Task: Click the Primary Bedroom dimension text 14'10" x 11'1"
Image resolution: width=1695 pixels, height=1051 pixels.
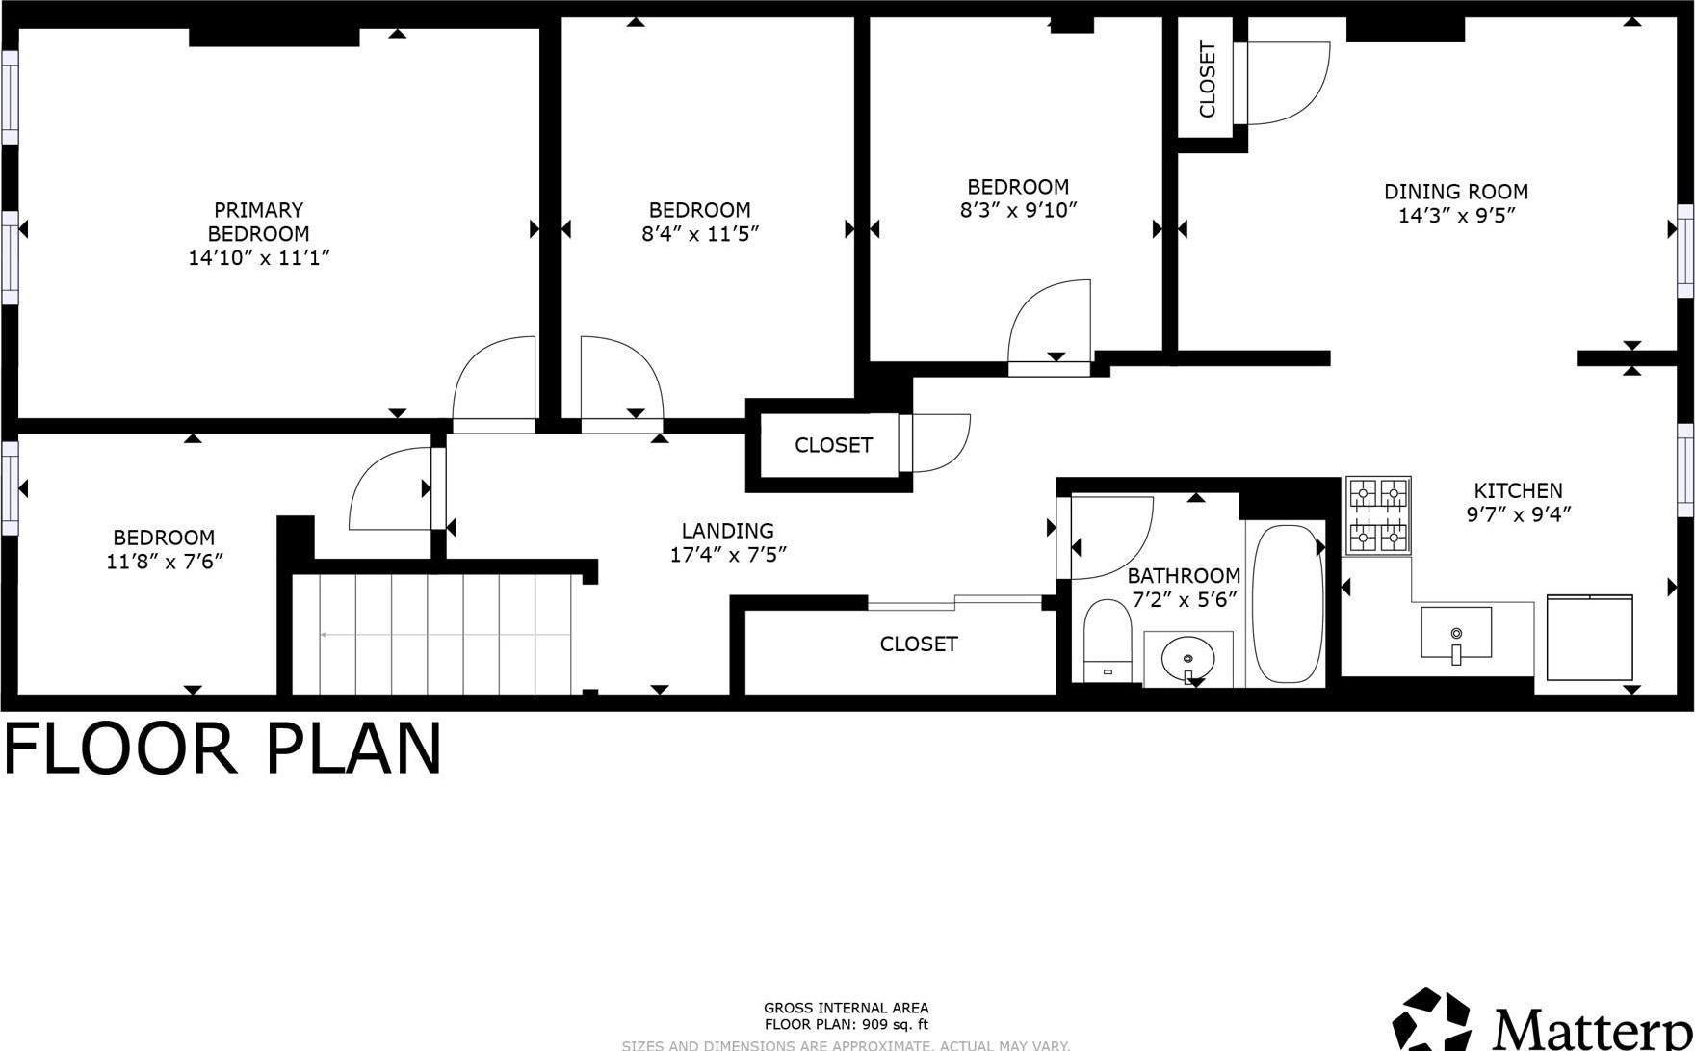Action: point(259,257)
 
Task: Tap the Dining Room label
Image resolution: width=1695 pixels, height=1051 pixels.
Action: point(1455,192)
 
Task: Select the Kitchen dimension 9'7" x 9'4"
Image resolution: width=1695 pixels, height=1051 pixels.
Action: point(1518,514)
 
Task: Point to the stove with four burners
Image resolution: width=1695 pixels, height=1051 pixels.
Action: point(1378,515)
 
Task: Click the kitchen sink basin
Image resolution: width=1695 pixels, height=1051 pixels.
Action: point(1456,633)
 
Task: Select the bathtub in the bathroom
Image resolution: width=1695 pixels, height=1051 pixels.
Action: point(1287,604)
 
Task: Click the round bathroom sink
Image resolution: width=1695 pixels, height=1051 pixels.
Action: point(1187,660)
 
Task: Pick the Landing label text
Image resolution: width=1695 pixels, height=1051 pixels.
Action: point(727,531)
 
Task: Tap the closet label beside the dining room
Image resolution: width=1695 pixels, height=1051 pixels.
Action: point(1208,80)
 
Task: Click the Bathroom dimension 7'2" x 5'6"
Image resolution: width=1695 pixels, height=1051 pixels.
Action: point(1184,600)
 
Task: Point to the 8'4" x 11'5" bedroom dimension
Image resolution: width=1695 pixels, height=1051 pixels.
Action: point(700,233)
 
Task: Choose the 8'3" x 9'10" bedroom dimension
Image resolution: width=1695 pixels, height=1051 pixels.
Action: point(1018,210)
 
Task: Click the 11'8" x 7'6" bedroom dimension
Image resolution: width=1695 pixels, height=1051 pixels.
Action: point(165,561)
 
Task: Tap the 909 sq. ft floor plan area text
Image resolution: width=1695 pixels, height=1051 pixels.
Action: point(846,1025)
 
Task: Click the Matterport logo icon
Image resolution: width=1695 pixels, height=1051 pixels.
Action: point(1432,1020)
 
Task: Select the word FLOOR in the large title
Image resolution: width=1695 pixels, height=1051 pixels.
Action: point(121,749)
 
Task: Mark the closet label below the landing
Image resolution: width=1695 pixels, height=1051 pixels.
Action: point(919,644)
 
